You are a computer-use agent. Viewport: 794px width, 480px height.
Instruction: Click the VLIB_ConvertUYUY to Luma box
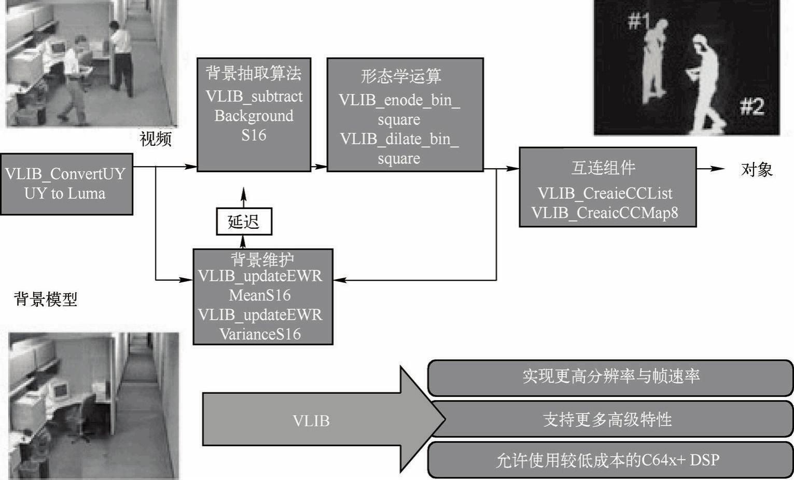[66, 184]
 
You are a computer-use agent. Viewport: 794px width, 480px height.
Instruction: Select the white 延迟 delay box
[244, 222]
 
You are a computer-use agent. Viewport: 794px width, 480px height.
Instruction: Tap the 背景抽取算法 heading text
[254, 73]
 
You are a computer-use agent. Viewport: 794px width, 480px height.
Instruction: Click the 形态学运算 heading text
[401, 76]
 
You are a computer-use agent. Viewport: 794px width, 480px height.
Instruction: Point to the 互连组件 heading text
[603, 168]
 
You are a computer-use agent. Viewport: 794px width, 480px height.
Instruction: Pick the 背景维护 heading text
[262, 259]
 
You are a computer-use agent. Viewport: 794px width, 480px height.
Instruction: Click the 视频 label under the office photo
[156, 139]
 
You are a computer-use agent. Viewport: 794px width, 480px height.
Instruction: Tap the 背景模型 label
[46, 299]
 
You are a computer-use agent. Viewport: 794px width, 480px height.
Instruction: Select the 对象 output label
[757, 169]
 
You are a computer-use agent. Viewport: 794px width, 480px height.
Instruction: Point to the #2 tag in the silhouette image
[752, 106]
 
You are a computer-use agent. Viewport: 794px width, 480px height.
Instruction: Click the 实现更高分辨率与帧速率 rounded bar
[610, 377]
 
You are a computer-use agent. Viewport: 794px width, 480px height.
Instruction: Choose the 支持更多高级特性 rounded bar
[610, 419]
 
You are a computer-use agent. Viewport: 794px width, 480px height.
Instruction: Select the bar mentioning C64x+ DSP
[610, 460]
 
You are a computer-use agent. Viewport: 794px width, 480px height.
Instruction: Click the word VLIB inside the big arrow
[311, 420]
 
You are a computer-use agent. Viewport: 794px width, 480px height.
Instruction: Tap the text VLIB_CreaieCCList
[605, 194]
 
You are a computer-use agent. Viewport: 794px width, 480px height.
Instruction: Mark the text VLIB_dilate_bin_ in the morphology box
[399, 139]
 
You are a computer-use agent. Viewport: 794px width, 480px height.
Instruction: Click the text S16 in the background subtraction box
[254, 135]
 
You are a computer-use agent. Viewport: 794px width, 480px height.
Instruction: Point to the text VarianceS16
[260, 334]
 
